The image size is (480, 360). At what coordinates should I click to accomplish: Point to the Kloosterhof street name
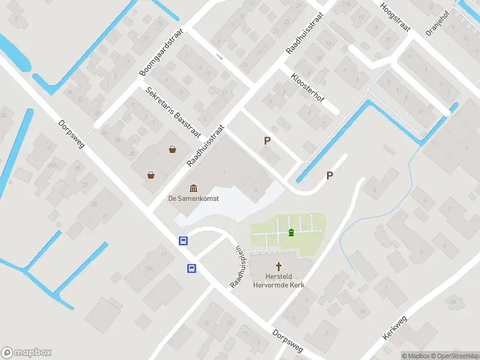tap(307, 87)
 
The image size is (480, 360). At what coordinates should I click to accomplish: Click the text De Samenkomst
tap(193, 198)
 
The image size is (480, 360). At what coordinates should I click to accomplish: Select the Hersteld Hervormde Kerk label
tap(278, 281)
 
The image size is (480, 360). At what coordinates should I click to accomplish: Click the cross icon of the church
tap(279, 266)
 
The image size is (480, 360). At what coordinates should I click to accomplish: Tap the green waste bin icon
tap(291, 232)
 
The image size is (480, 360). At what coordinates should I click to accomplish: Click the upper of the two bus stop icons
tap(183, 241)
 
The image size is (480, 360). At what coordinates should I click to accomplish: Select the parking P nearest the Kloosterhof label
tap(268, 141)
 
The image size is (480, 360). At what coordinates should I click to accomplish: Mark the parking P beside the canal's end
tap(329, 175)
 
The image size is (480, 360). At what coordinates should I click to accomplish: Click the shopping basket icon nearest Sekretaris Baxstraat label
tap(173, 149)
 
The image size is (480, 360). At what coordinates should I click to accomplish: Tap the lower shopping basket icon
tap(151, 175)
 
